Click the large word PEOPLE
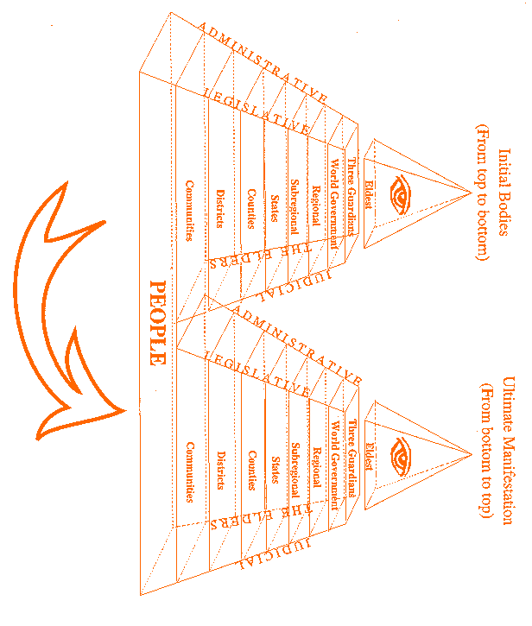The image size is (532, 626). pos(157,322)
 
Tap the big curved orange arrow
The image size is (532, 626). pos(65,311)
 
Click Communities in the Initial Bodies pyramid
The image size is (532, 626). pos(189,211)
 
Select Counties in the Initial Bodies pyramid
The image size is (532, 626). pos(252,208)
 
